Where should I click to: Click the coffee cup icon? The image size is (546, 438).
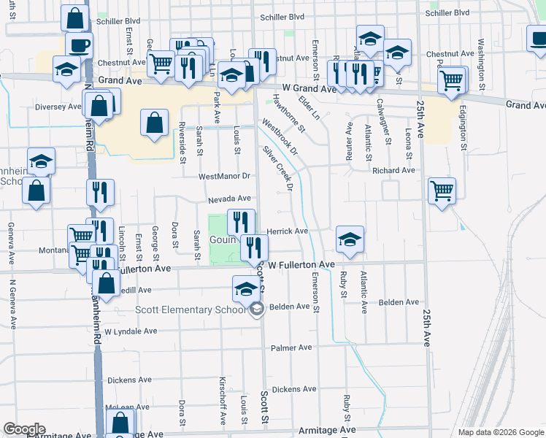pos(79,45)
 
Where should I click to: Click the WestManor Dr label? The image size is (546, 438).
pos(224,176)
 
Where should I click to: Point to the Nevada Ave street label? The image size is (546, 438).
pos(229,199)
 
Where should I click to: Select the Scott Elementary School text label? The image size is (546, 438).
pos(191,310)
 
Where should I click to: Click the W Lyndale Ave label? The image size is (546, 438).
pos(131,331)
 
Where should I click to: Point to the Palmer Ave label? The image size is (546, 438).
pos(291,347)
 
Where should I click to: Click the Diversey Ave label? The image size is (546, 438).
pos(58,107)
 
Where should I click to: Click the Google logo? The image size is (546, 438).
pos(25,429)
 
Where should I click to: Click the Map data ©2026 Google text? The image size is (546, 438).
pos(500,432)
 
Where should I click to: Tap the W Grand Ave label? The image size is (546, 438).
pos(309,88)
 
